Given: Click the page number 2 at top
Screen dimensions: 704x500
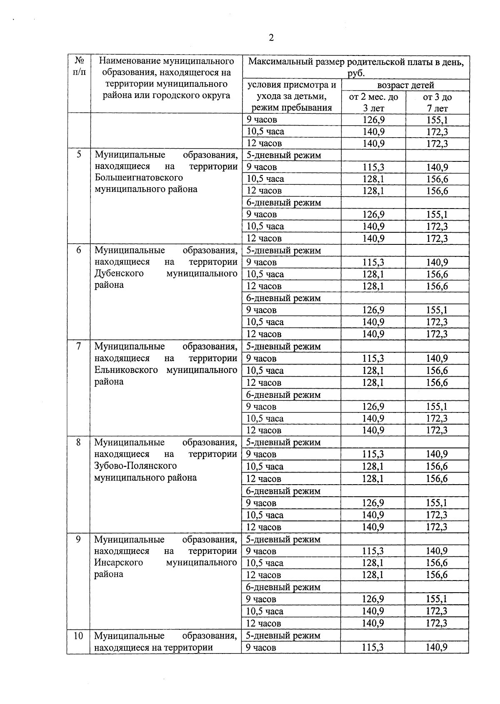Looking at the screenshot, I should [271, 38].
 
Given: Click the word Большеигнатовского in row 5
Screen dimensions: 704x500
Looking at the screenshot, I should [139, 178].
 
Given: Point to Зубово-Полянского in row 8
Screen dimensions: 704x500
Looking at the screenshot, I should [135, 466].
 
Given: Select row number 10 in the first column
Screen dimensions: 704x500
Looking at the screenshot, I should [78, 636].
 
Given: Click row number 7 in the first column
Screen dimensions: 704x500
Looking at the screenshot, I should [78, 346].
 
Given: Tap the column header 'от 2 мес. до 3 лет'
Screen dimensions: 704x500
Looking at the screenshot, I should [373, 103].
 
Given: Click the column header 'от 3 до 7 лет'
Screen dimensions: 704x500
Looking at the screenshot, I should [437, 103].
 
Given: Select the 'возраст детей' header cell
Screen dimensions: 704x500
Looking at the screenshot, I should [405, 85].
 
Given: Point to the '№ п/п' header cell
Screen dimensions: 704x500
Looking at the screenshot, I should [79, 66].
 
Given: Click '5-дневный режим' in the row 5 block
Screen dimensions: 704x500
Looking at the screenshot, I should [284, 155].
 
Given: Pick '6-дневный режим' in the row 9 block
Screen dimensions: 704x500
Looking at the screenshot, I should [283, 587].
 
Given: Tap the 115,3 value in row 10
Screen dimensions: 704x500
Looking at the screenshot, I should [372, 648].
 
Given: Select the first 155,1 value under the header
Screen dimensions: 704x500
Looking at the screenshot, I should [437, 120].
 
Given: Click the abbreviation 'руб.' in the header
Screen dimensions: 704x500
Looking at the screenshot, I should [356, 73].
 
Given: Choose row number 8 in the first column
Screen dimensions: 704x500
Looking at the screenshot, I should [78, 442].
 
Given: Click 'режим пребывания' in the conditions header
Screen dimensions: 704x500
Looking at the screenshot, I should [291, 108].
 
